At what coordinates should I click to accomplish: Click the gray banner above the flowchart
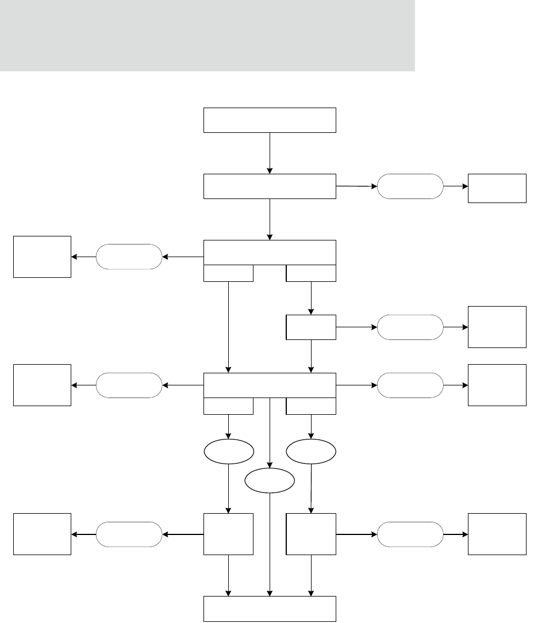click(207, 36)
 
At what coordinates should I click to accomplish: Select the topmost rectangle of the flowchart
click(270, 120)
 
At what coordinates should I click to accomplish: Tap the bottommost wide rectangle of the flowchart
click(270, 609)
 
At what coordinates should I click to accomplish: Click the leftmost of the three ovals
click(229, 452)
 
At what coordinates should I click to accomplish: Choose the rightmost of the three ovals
click(311, 452)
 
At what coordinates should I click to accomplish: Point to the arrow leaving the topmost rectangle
click(270, 152)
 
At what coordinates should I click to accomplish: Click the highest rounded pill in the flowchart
click(410, 186)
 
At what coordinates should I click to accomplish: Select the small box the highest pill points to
click(497, 188)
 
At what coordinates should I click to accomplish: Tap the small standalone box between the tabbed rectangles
click(311, 327)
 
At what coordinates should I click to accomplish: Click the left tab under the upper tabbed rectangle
click(228, 273)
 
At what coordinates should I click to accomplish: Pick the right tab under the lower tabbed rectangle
click(311, 406)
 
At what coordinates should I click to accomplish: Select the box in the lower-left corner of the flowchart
click(42, 534)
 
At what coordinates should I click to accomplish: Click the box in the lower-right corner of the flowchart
click(497, 534)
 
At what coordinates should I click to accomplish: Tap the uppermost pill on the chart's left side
click(129, 257)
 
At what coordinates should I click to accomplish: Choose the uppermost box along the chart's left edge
click(42, 257)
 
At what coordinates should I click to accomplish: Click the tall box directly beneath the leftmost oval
click(228, 534)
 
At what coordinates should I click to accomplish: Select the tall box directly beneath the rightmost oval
click(311, 534)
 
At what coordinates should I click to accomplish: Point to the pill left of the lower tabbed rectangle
click(129, 385)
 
